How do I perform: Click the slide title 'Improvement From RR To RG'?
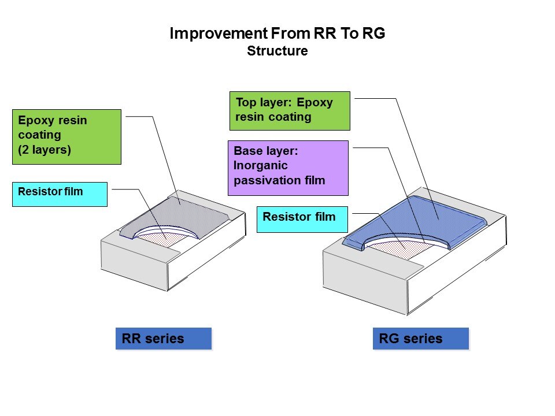click(x=277, y=34)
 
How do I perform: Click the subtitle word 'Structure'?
click(x=277, y=51)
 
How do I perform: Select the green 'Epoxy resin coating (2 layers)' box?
click(x=66, y=137)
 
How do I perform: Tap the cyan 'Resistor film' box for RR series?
click(x=60, y=194)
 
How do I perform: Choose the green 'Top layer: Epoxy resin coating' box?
click(x=290, y=111)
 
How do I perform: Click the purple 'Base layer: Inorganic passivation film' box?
click(x=288, y=168)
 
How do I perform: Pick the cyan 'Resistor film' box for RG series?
click(x=302, y=220)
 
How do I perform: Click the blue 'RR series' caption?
click(x=164, y=339)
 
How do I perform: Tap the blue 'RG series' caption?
click(x=421, y=339)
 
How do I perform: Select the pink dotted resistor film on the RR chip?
click(x=164, y=240)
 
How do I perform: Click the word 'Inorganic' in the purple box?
click(x=261, y=165)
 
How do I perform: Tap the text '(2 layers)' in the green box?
click(x=45, y=150)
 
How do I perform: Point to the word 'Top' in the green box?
click(x=246, y=103)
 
